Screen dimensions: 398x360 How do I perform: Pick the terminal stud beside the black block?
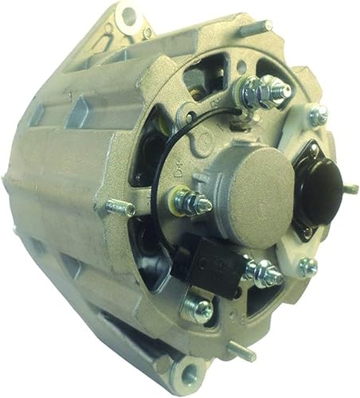263,271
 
